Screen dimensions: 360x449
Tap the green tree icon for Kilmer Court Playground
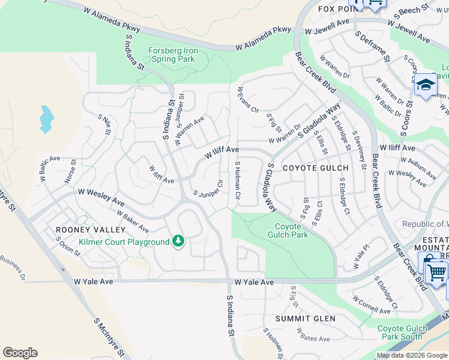(178, 241)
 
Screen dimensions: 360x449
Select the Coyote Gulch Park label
(291, 230)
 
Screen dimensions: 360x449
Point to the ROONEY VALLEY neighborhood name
(91, 230)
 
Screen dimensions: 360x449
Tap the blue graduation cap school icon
(426, 85)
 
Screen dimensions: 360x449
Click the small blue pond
(46, 119)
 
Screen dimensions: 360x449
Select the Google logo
(20, 353)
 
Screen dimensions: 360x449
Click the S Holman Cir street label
(238, 180)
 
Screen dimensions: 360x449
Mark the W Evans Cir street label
(247, 101)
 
